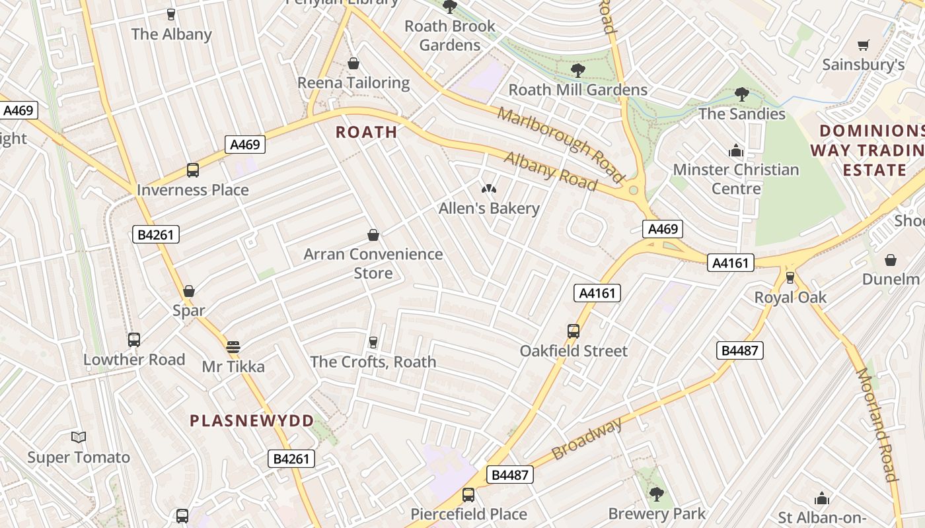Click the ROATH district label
click(366, 132)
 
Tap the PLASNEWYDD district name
click(252, 420)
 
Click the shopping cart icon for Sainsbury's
click(863, 46)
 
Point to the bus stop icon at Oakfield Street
click(573, 331)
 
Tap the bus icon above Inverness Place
click(193, 170)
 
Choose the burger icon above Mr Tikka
click(233, 347)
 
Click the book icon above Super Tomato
click(79, 438)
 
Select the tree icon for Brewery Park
click(656, 494)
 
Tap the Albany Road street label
click(550, 171)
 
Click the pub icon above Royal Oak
click(790, 278)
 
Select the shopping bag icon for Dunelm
click(890, 260)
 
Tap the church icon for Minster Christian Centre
click(735, 151)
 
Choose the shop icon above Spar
click(189, 291)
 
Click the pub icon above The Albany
click(171, 15)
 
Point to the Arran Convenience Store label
click(373, 263)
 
